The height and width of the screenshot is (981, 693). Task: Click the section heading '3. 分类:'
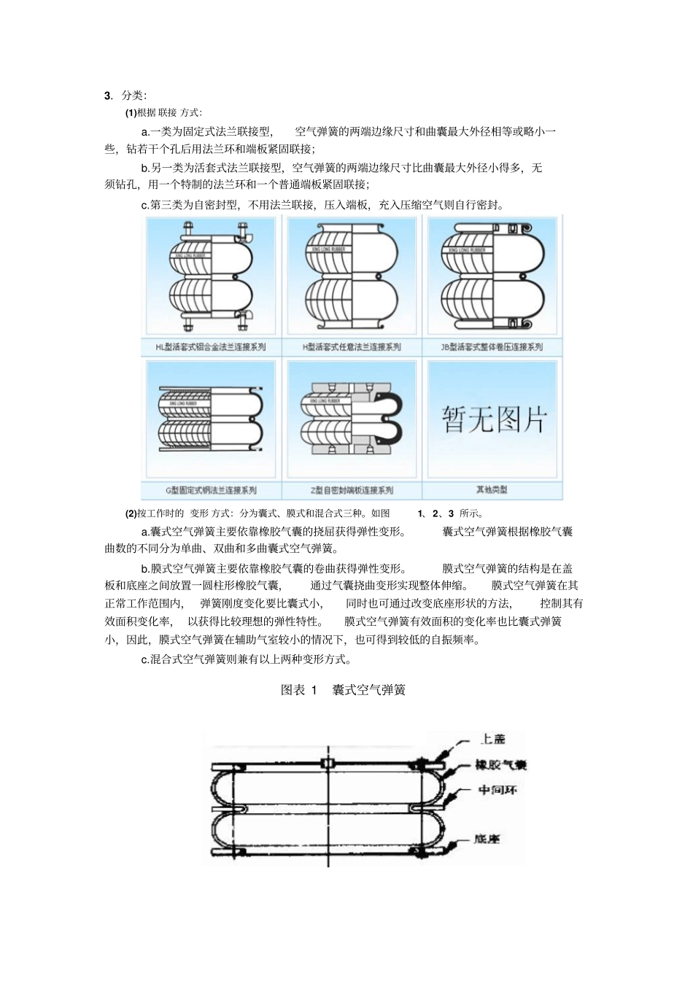coord(125,96)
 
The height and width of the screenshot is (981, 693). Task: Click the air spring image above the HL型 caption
coord(211,276)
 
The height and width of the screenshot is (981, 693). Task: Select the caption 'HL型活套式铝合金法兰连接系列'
coord(211,347)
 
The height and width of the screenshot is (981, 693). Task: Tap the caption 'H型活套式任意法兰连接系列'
coord(352,347)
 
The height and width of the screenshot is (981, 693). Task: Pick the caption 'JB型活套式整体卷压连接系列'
coord(492,347)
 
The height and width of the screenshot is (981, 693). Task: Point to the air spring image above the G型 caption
coord(211,419)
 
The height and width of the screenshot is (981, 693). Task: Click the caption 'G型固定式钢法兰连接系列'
coord(211,490)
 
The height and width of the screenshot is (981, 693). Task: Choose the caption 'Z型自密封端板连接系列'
coord(352,490)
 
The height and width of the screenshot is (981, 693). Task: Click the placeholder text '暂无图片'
coord(493,419)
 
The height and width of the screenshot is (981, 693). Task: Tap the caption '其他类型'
coord(492,490)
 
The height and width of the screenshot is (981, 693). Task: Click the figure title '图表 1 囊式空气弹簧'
coord(343,690)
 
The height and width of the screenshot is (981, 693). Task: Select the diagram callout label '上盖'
coord(492,740)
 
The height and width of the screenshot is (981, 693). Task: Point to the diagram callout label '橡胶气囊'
coord(500,765)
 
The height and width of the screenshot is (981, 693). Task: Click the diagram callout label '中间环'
coord(498,790)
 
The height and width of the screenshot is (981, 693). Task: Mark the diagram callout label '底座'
coord(487,840)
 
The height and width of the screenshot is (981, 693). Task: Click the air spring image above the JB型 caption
coord(492,276)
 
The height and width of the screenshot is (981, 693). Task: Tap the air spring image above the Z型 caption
coord(352,419)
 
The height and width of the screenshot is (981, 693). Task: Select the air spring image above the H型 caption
coord(352,276)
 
